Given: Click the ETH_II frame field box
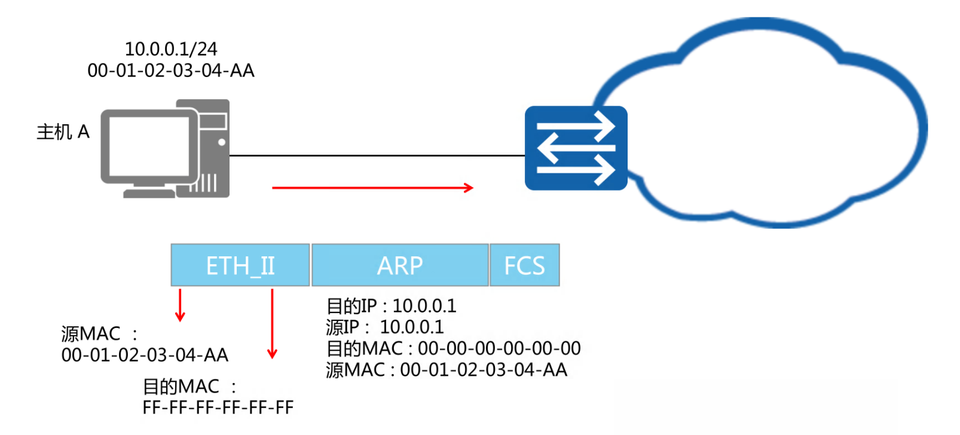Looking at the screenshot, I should point(240,265).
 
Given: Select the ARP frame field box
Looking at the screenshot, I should point(400,265).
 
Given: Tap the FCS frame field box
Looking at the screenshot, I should point(524,265).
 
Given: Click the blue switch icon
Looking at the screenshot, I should point(576,148).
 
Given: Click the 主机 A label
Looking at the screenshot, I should point(63,132).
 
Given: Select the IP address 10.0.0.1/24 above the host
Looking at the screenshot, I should point(171,49).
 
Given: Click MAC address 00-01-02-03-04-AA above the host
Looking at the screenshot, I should point(171,71).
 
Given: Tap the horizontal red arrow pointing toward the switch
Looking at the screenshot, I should point(372,188).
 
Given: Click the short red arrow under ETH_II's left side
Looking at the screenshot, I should point(180,305).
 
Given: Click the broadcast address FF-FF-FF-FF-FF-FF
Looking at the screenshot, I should point(218,408).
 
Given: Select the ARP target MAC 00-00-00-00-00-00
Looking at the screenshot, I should point(499,348).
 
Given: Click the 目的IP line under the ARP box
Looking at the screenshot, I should point(392,306).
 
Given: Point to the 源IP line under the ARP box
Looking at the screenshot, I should point(385,327).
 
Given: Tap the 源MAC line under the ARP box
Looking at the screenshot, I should point(447,370).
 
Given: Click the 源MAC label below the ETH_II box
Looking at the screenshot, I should point(91,333).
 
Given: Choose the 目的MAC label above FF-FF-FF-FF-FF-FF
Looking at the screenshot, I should point(181,387).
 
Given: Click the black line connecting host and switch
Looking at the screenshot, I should point(377,155).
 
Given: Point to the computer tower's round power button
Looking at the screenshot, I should point(222,142).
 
